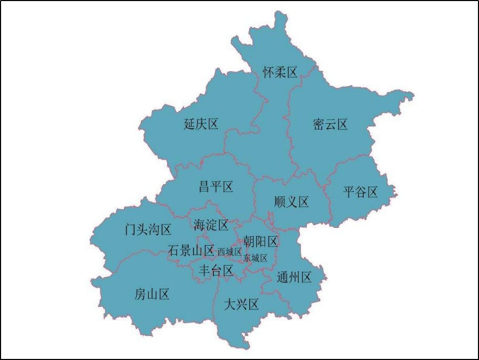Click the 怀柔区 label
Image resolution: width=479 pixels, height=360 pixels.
280,73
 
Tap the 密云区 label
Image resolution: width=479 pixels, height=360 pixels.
330,125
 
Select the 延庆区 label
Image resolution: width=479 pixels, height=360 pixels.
201,124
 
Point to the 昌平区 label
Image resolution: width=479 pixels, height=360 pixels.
216,186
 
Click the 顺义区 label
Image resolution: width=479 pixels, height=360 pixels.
291,202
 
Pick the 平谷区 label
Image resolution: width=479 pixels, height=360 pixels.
361,192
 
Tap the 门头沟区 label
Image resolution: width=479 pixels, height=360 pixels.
148,229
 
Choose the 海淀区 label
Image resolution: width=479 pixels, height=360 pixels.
211,225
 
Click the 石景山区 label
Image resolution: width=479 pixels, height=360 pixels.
191,251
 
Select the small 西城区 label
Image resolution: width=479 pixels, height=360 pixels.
229,252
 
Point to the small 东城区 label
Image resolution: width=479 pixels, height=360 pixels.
256,258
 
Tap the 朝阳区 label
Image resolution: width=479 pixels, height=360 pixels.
260,242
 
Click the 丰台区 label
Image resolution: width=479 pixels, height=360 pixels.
216,271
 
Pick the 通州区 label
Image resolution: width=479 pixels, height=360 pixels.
294,277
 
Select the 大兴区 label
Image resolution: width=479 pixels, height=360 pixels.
241,304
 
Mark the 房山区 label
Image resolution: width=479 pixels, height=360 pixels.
152,295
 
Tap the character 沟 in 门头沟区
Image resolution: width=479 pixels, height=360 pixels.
154,229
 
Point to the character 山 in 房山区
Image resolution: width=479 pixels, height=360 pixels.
152,295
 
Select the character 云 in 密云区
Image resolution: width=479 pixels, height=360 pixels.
330,125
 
